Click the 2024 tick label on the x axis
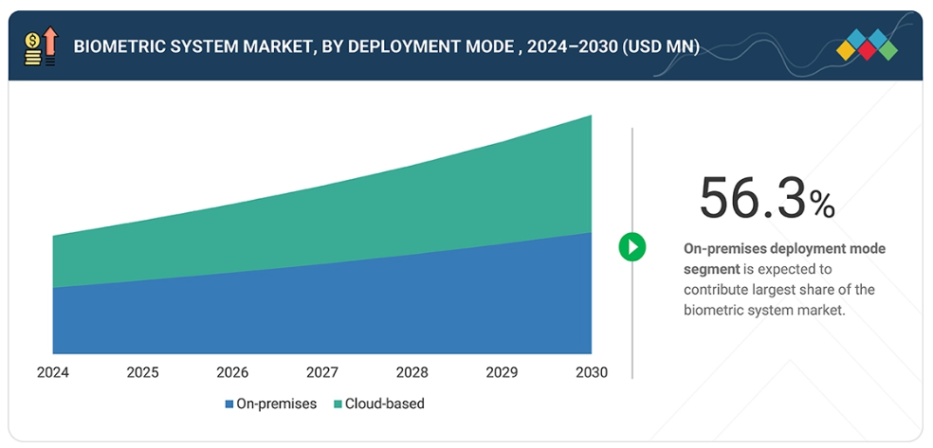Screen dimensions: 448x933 (52, 372)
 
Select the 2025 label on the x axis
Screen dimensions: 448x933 (142, 372)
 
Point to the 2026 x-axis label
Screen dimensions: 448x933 (232, 372)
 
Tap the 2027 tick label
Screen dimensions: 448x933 (322, 372)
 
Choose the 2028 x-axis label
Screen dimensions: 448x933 (412, 372)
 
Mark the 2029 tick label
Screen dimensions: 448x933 (503, 372)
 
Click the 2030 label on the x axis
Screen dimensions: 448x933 (592, 372)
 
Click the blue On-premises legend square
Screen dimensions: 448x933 (229, 404)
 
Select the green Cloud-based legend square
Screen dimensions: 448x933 (338, 404)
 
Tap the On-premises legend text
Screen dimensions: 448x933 (277, 404)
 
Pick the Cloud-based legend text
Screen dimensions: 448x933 (385, 404)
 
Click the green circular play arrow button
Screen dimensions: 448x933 (631, 247)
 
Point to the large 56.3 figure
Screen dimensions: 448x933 (753, 198)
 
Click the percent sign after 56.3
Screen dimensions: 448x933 (822, 204)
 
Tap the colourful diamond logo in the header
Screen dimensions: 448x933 (867, 45)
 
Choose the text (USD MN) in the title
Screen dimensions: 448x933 (661, 46)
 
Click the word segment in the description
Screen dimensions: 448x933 (711, 269)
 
